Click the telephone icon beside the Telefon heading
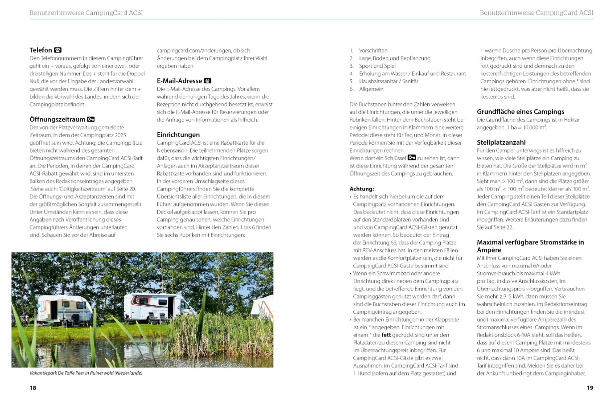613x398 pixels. point(58,50)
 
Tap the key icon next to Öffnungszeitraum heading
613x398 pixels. point(91,119)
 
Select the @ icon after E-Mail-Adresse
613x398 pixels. point(208,81)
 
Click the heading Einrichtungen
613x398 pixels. point(178,135)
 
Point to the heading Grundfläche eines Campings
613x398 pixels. point(520,112)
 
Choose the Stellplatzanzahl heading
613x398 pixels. point(501,142)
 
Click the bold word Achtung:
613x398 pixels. point(362,189)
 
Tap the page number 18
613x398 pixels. point(33,388)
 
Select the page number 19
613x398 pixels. point(590,388)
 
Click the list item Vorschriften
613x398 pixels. point(373,50)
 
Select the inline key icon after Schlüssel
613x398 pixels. point(412,158)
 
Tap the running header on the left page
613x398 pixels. point(86,13)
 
